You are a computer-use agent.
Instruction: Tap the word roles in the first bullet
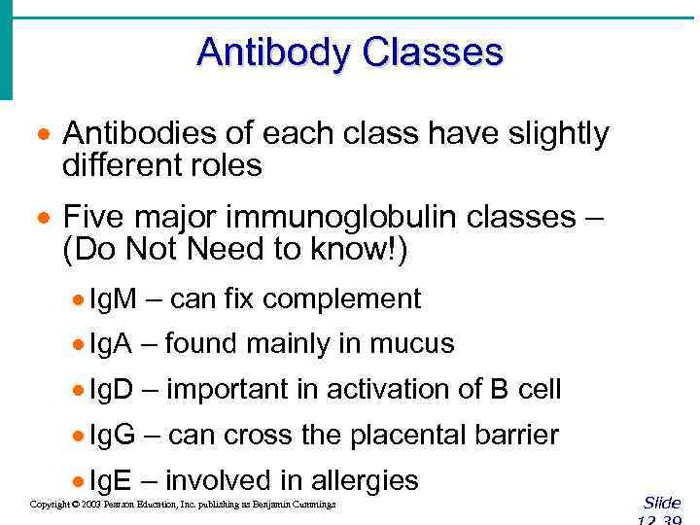[x=229, y=166]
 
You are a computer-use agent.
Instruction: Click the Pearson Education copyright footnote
[x=183, y=505]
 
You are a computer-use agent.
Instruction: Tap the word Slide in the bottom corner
[x=661, y=503]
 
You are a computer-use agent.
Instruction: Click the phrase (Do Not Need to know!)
[x=235, y=249]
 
